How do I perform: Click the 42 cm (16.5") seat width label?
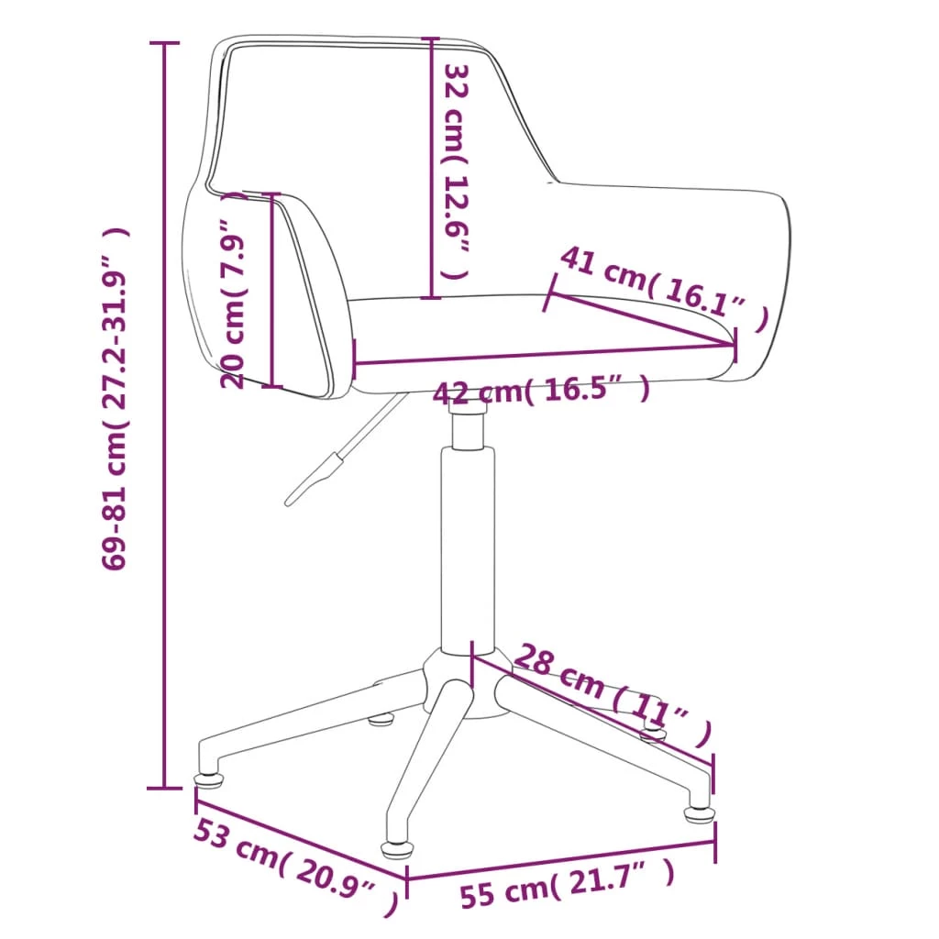point(541,392)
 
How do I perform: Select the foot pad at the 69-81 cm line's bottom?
point(210,781)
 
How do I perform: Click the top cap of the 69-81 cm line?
point(165,43)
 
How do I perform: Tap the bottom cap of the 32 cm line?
point(432,297)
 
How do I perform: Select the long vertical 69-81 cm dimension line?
point(165,413)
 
